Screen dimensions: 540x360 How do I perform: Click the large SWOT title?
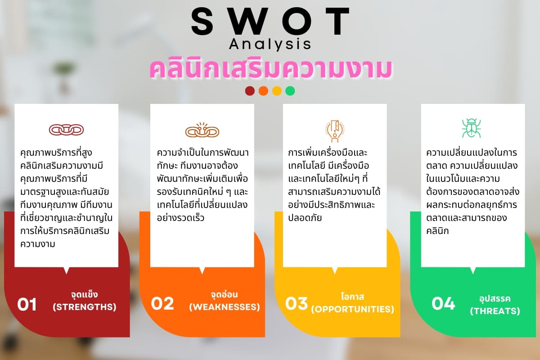pos(270,21)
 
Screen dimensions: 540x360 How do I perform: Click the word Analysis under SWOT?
pos(270,45)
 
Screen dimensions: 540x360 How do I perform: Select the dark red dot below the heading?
pos(250,91)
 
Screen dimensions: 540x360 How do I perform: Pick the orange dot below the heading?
pos(263,91)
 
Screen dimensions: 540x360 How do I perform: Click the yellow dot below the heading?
pos(277,91)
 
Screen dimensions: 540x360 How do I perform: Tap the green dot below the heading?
pos(290,91)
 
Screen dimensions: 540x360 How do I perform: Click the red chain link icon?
pos(66,130)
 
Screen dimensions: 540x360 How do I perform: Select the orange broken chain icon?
pos(202,130)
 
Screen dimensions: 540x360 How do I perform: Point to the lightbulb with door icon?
pos(335,131)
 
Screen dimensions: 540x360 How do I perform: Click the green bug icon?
pos(471,128)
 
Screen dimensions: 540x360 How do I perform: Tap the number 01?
pos(27,304)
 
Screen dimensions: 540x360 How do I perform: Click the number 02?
pos(162,304)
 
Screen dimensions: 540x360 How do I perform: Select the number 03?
pos(297,303)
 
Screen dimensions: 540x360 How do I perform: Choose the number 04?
pos(443,303)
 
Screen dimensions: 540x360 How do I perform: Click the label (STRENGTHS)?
pos(85,307)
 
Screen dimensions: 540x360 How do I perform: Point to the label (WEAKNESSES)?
pos(225,307)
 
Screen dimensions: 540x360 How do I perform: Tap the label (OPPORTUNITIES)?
pos(352,309)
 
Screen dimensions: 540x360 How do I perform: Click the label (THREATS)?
pos(495,311)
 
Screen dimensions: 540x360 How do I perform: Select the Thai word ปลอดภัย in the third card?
pos(305,218)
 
